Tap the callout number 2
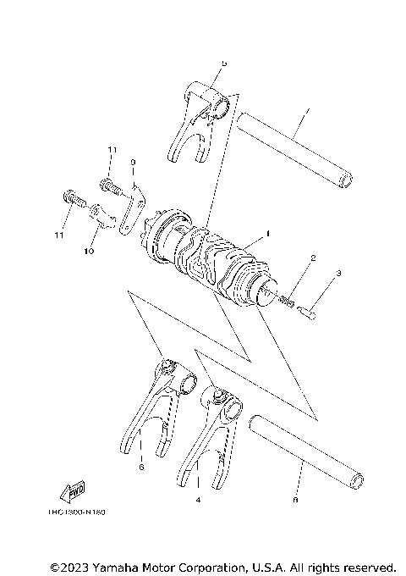312,258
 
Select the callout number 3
337,274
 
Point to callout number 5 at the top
223,64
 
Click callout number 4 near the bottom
197,501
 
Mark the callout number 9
133,162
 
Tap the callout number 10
88,251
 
